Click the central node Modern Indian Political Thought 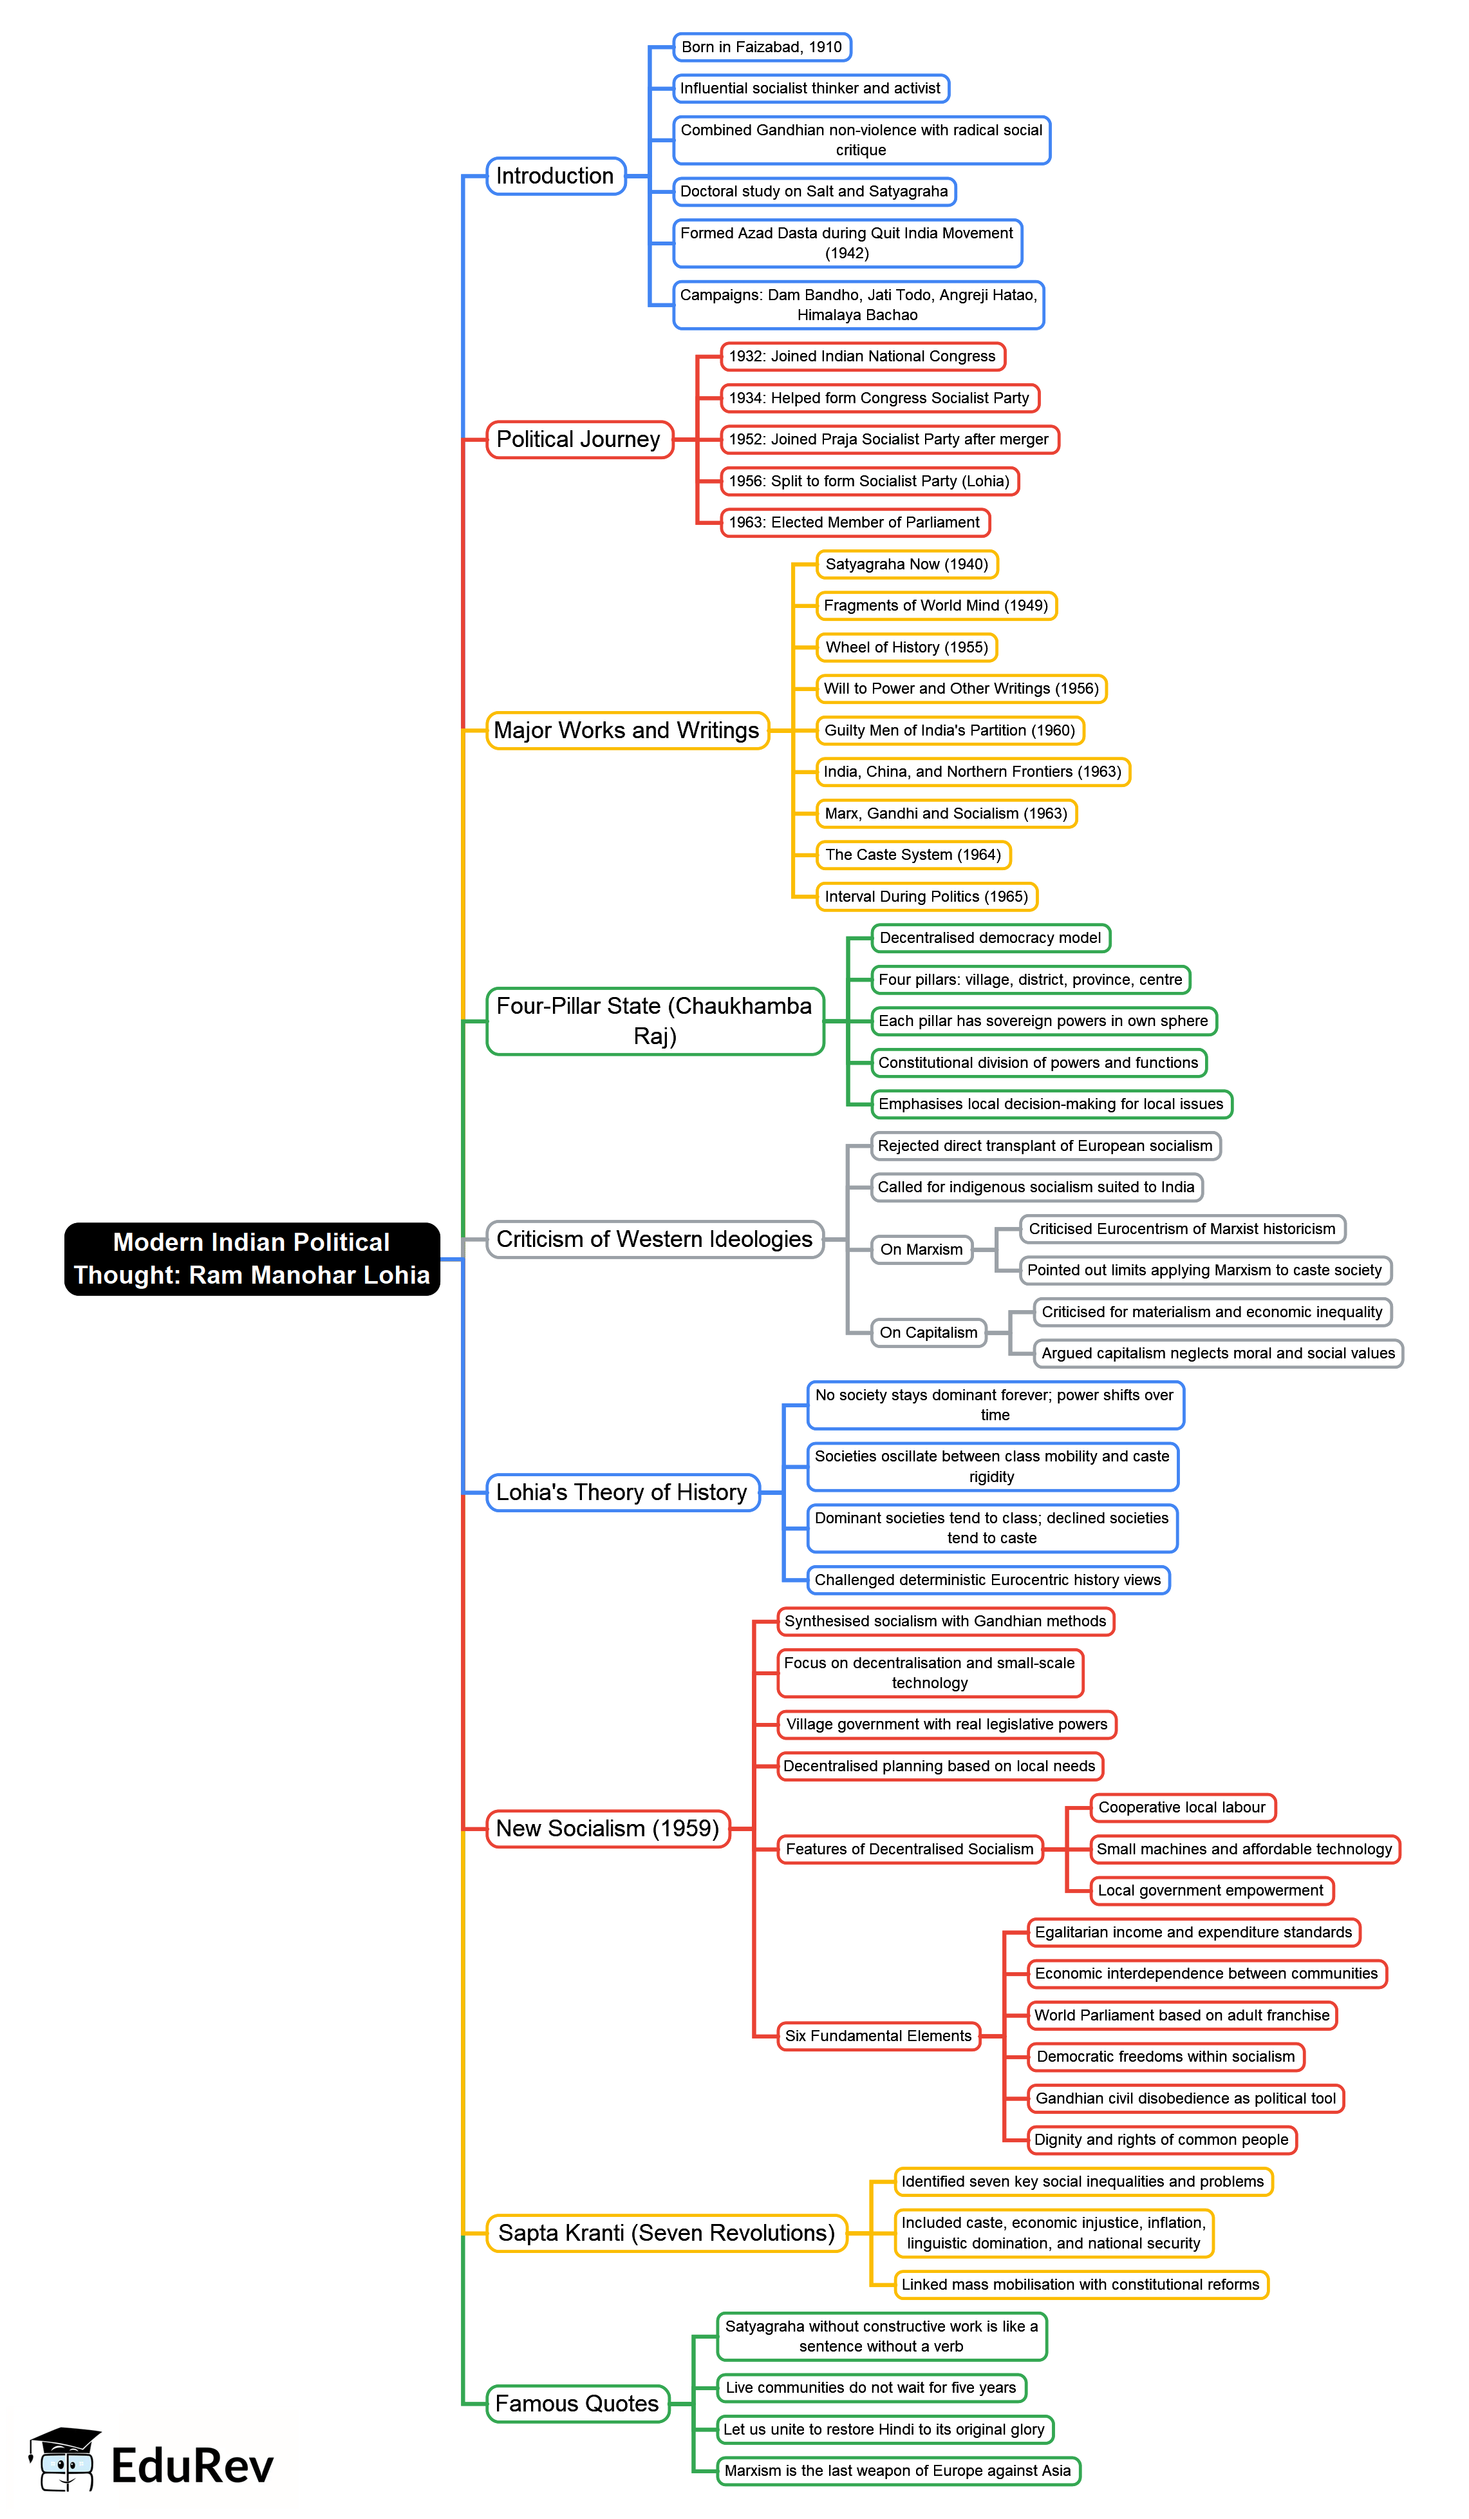(x=252, y=1259)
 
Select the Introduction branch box (x=556, y=176)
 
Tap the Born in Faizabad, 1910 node (x=762, y=47)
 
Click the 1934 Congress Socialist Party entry (x=879, y=398)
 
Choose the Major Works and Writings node (x=626, y=731)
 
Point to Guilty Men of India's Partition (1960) (x=950, y=731)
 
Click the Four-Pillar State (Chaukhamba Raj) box (x=655, y=1021)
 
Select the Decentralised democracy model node (x=989, y=938)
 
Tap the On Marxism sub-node (x=921, y=1250)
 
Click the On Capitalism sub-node (x=928, y=1333)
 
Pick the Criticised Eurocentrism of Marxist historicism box (x=1181, y=1228)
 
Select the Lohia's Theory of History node (x=622, y=1492)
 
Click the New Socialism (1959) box (x=608, y=1829)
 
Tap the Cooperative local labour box (x=1181, y=1807)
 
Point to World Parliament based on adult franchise (x=1181, y=2015)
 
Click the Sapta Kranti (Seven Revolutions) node (x=666, y=2233)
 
